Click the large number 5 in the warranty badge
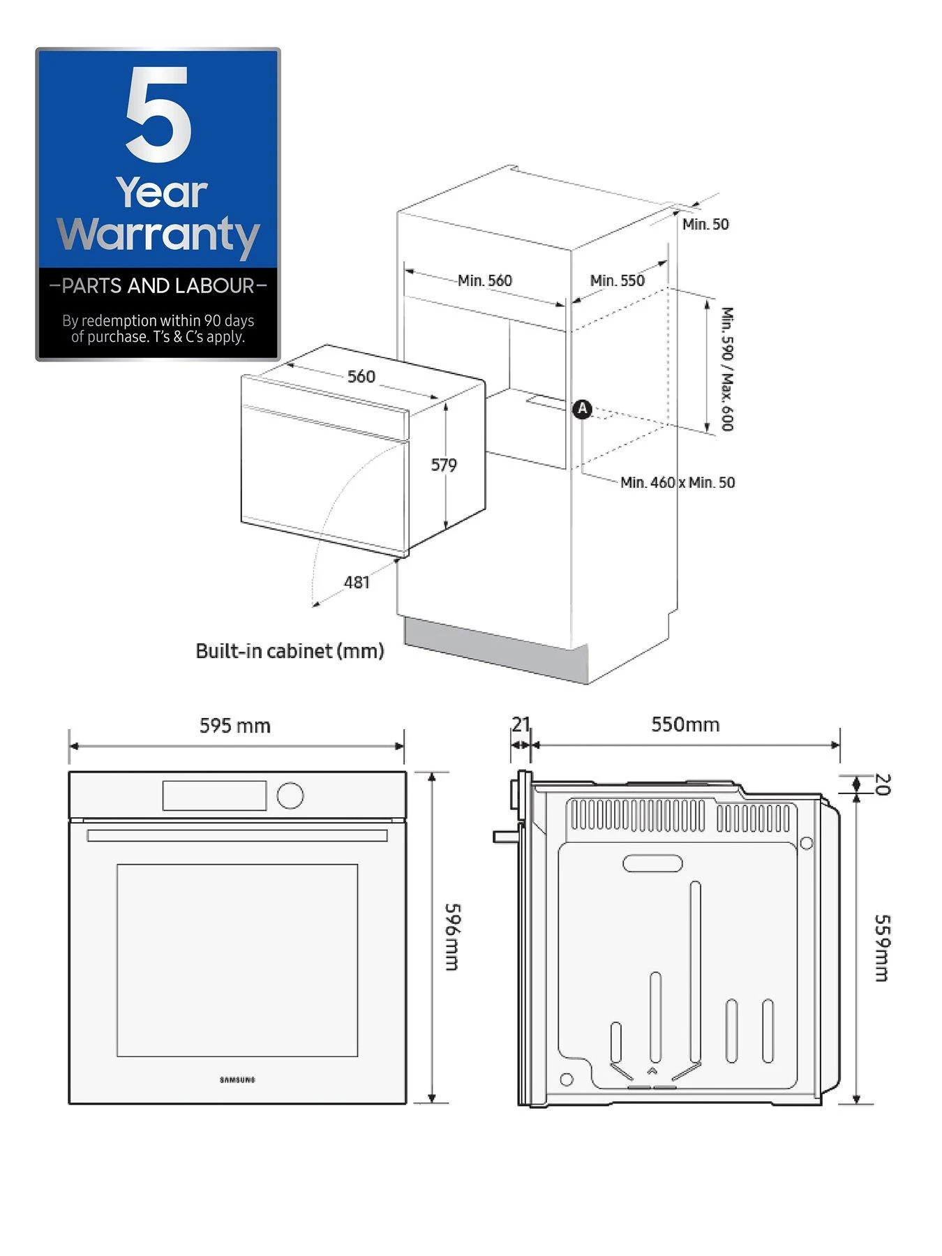click(x=158, y=114)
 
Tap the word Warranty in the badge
click(x=158, y=234)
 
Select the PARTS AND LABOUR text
click(x=158, y=285)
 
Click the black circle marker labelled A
click(x=582, y=410)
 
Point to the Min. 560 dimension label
click(x=485, y=281)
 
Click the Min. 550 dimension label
click(x=618, y=281)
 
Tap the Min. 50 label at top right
click(x=705, y=224)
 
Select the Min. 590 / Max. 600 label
click(x=727, y=369)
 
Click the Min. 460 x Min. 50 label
click(x=678, y=482)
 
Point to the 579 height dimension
click(x=444, y=465)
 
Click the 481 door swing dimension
click(x=357, y=582)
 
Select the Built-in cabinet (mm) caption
click(x=290, y=651)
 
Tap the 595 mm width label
click(x=235, y=726)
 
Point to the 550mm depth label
click(x=685, y=724)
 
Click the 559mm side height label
click(x=881, y=948)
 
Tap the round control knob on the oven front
click(x=290, y=795)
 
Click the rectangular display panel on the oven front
click(x=215, y=795)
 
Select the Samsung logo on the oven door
click(x=238, y=1080)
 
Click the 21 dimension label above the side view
click(x=521, y=724)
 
